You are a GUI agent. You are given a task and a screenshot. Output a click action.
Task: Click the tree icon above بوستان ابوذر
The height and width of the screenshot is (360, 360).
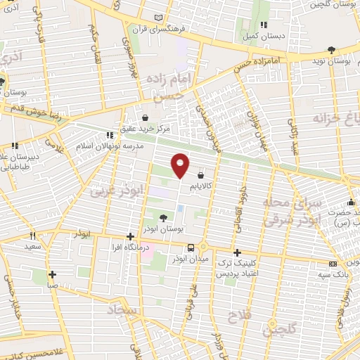163,218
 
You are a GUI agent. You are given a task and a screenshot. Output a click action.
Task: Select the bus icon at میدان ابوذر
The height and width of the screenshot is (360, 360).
191,247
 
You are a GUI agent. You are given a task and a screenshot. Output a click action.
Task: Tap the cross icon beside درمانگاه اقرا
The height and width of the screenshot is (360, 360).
129,237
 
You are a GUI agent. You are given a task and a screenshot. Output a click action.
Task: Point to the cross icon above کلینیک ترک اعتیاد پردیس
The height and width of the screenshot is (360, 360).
237,252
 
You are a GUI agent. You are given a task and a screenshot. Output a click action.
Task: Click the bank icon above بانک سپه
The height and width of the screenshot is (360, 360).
333,264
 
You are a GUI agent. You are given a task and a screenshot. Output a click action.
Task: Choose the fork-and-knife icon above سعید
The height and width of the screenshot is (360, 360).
32,236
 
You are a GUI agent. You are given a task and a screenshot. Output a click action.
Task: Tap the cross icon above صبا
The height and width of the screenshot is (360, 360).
52,274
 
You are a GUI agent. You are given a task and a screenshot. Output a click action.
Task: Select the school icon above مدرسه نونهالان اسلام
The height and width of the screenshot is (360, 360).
109,135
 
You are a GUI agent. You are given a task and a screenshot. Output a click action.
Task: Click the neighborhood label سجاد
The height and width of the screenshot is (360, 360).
122,309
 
